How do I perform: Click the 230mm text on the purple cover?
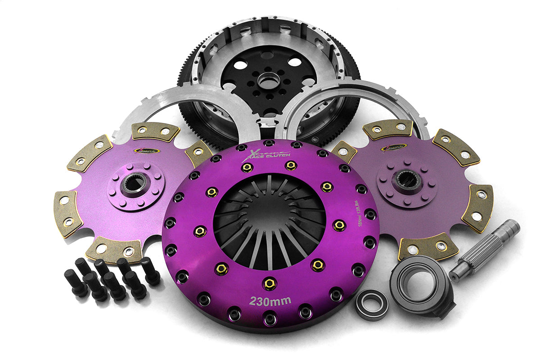click(x=270, y=301)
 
